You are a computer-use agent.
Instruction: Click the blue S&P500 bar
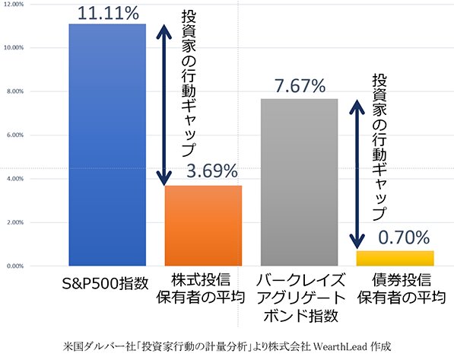106,145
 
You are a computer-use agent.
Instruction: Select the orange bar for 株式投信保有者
204,225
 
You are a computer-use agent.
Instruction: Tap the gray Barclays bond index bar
299,183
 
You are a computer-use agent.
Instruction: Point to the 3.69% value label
204,171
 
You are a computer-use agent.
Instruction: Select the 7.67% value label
299,85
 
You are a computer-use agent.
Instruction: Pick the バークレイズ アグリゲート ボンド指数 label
299,298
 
